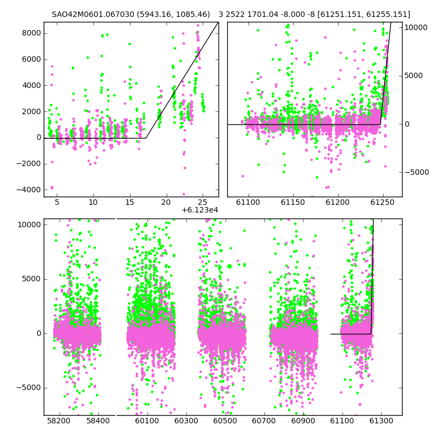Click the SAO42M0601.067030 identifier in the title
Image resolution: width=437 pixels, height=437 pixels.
(x=93, y=14)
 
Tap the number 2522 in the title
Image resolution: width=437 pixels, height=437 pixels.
(x=235, y=14)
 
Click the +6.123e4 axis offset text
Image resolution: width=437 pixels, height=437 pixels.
(x=200, y=210)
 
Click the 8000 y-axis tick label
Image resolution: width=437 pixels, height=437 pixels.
(x=32, y=33)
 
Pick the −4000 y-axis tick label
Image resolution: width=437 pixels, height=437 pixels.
(x=29, y=190)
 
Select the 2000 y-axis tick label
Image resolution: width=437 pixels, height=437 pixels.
(x=32, y=111)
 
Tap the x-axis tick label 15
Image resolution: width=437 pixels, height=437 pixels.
(x=129, y=202)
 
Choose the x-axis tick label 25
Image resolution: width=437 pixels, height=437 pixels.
(x=203, y=202)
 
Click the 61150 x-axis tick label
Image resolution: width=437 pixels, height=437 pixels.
(x=293, y=202)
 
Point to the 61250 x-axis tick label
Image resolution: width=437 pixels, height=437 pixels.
(x=382, y=202)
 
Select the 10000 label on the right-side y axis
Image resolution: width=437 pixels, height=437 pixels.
(x=416, y=28)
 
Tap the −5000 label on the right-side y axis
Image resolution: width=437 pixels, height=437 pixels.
(x=417, y=172)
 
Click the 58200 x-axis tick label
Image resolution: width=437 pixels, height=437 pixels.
(x=59, y=421)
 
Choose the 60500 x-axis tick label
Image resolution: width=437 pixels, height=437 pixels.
(x=225, y=421)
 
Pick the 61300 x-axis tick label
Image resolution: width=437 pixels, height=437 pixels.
(x=381, y=421)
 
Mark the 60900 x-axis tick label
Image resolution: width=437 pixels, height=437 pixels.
(x=303, y=421)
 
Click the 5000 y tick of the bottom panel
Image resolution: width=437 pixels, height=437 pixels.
(x=32, y=279)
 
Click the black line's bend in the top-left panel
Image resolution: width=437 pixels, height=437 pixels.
(x=146, y=138)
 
